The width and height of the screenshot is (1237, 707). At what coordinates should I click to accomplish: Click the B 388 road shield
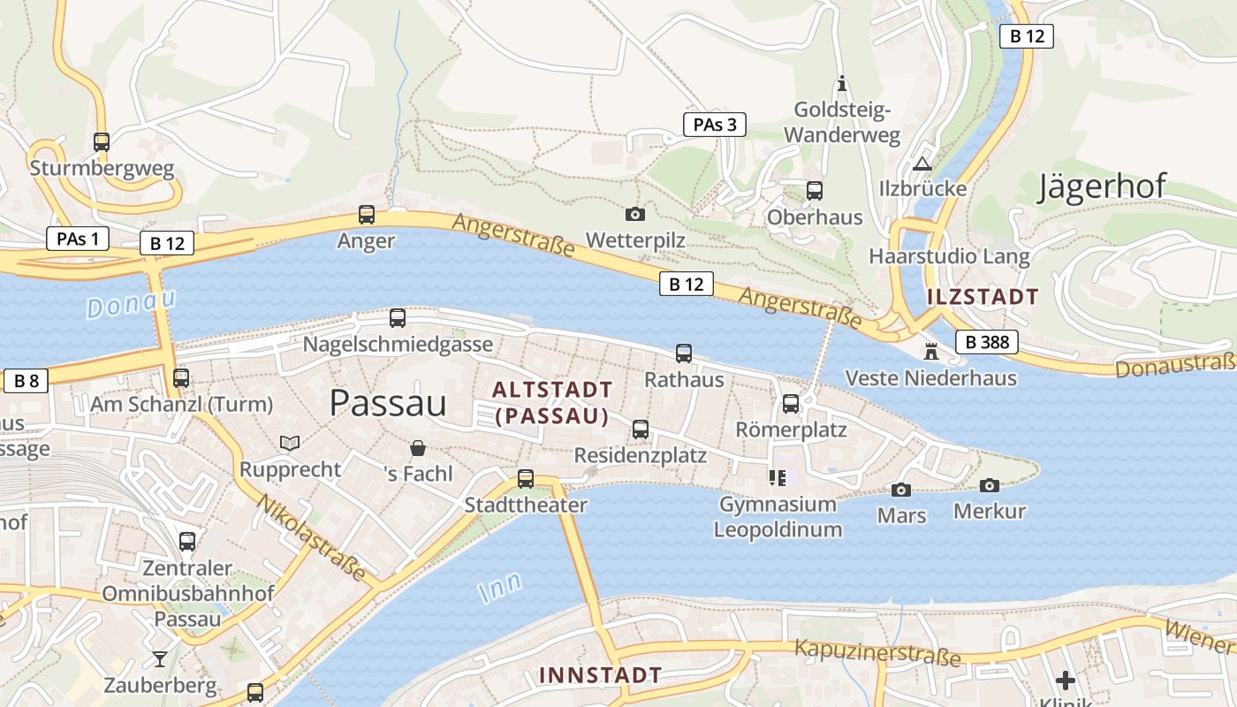point(986,342)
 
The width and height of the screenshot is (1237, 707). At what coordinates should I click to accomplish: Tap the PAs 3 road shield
point(714,125)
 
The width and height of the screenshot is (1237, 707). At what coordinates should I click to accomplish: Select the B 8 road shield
point(26,381)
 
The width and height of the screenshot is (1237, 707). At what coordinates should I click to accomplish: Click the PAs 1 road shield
point(77,238)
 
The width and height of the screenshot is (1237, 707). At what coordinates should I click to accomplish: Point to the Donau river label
point(131,303)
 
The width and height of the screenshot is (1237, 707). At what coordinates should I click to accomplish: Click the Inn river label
point(500,588)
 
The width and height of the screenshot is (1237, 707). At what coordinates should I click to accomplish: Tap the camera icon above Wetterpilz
point(634,214)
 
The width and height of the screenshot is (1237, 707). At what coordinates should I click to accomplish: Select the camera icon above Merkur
point(990,484)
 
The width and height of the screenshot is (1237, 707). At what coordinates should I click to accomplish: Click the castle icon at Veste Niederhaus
point(930,351)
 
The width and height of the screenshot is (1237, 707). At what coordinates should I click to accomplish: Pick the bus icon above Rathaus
point(684,353)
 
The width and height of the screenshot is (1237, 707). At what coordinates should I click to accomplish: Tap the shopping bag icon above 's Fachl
point(418,448)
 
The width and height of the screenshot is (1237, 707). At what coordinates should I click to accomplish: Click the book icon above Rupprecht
point(290,443)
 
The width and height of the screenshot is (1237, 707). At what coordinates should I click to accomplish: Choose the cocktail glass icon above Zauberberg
point(159,658)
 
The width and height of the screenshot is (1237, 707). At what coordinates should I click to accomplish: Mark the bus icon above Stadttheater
point(526,479)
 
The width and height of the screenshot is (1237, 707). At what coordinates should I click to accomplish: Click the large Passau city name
point(388,403)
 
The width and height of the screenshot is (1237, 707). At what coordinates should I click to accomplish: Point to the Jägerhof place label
point(1102,186)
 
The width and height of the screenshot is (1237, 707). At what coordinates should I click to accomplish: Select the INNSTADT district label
point(600,675)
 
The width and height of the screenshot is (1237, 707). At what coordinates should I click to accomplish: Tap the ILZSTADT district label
point(983,296)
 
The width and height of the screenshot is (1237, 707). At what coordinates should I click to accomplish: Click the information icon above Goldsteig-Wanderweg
point(841,84)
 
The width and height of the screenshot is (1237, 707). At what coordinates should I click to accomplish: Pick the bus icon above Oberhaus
point(815,191)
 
